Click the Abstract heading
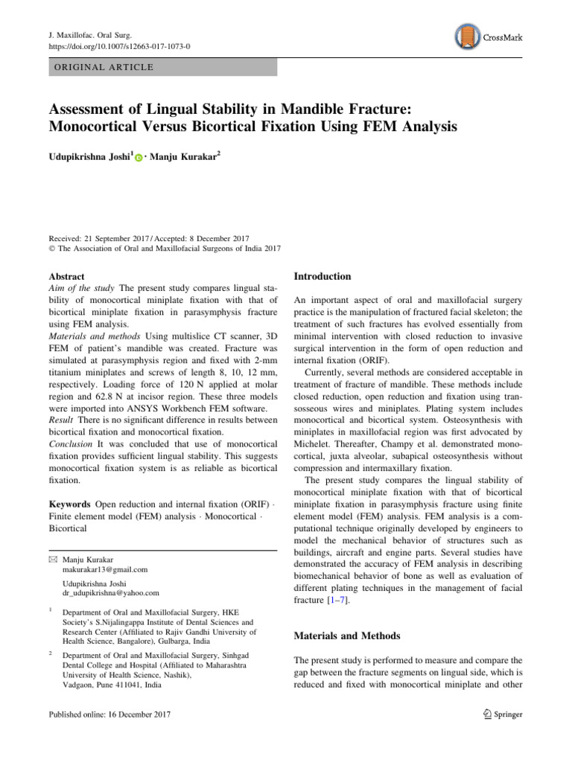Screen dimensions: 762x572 coord(67,276)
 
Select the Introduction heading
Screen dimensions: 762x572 coord(322,276)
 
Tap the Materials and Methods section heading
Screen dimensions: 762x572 coord(348,636)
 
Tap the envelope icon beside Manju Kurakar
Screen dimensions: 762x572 coord(51,557)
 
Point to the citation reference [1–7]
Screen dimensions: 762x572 coord(340,600)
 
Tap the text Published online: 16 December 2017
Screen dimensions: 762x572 coord(109,714)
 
